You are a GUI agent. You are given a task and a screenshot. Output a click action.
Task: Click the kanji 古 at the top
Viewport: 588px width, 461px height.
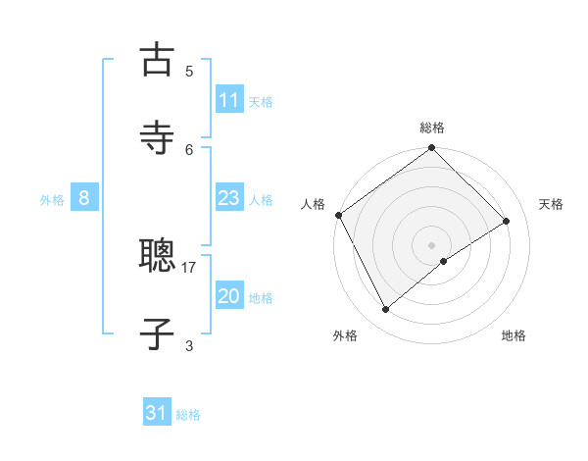point(157,61)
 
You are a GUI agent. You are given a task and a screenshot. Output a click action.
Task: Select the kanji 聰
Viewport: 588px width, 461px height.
point(157,257)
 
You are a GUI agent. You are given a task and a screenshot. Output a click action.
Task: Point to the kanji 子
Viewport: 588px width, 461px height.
point(157,333)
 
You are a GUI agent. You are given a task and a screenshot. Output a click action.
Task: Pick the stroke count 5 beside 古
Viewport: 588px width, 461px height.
point(189,71)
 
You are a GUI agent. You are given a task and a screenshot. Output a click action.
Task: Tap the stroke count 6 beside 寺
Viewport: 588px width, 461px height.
point(189,149)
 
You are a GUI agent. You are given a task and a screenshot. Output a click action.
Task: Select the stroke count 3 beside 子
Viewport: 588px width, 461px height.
point(189,344)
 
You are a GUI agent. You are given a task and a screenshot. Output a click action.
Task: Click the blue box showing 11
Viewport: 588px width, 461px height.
point(228,100)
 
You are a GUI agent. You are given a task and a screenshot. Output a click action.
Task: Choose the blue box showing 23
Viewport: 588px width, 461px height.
point(228,199)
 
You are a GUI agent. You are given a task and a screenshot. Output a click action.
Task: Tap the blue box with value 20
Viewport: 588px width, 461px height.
point(228,296)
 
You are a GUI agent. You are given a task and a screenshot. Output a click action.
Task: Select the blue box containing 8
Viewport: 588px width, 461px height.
point(84,198)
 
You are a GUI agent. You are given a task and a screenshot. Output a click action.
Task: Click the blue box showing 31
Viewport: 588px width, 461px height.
point(157,413)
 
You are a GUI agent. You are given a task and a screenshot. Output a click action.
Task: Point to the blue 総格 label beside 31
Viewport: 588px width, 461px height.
point(188,415)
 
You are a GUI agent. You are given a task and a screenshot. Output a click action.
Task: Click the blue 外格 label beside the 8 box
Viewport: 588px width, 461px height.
point(52,200)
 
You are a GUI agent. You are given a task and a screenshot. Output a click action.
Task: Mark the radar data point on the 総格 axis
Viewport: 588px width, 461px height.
point(431,149)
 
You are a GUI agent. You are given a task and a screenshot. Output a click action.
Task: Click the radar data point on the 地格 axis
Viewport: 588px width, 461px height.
point(444,261)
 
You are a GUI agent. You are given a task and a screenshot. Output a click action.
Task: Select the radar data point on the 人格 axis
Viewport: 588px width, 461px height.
point(338,215)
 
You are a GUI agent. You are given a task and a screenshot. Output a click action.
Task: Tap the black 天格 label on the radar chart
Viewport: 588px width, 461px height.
point(551,204)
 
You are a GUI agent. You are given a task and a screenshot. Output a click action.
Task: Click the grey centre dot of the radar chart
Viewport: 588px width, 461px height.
point(431,244)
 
